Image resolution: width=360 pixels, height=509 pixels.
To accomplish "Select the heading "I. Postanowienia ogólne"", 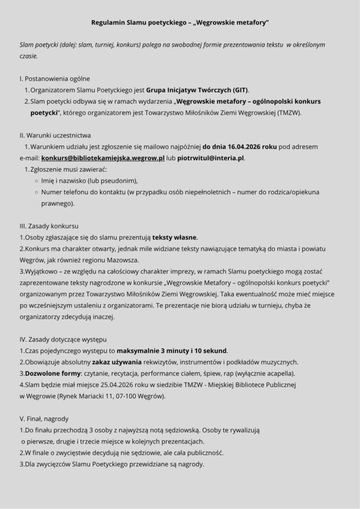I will [x=55, y=78].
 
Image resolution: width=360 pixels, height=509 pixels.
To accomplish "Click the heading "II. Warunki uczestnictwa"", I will [x=55, y=135].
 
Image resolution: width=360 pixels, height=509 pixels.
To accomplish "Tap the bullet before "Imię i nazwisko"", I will [x=36, y=181].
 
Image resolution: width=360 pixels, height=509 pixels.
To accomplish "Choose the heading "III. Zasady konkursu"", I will [x=49, y=226].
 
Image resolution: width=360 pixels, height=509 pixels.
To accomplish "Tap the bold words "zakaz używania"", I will [x=116, y=362].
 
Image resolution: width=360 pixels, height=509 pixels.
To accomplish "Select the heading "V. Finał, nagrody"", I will [x=44, y=418].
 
